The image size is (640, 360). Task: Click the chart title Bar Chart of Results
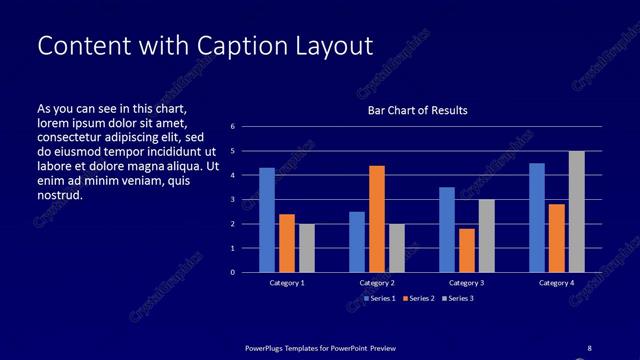pos(417,110)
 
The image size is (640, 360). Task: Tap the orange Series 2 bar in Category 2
pos(377,219)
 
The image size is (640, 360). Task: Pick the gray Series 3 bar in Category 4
pos(576,212)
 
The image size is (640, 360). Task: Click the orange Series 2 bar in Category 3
pos(467,250)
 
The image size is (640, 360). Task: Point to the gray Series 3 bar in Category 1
pos(307,248)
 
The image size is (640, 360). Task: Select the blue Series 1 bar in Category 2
pos(357,242)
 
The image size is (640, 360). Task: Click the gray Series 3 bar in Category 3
pos(486,236)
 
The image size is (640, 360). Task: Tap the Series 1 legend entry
pos(380,298)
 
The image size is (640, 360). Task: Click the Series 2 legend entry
pos(421,298)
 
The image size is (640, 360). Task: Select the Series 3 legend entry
pos(461,298)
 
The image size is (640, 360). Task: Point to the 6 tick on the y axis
pos(232,127)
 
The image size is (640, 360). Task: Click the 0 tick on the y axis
pos(232,272)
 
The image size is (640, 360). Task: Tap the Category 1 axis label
pos(287,283)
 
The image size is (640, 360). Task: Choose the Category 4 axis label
pos(557,283)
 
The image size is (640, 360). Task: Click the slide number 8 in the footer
pos(589,347)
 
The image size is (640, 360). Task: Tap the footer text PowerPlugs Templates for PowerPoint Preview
pos(321,348)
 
